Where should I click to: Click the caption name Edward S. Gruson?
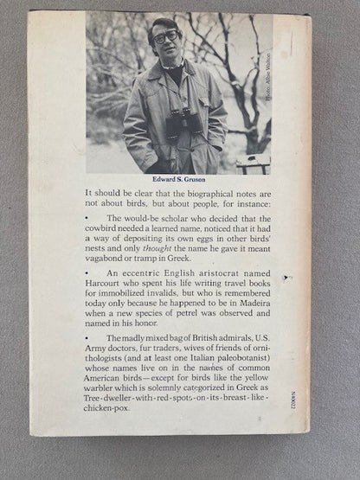178,179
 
